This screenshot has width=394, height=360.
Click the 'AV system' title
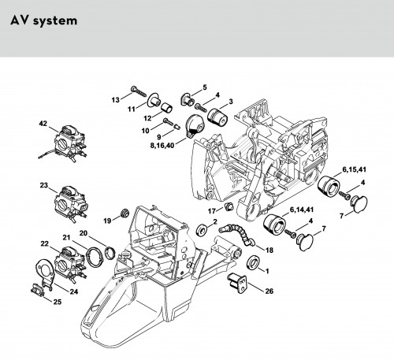pos(44,20)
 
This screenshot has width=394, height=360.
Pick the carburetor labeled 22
pos(71,264)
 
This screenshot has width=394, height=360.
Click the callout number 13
pos(115,100)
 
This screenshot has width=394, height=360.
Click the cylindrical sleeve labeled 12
pos(166,107)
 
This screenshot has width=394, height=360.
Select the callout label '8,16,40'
pos(162,145)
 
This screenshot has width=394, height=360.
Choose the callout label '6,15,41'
pos(354,169)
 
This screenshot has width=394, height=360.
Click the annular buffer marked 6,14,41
pos(274,225)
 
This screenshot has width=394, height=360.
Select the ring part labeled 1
pos(253,262)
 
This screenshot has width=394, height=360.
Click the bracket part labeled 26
pos(238,282)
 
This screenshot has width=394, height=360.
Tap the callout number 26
pos(269,291)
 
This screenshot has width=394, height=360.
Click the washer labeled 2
pos(202,230)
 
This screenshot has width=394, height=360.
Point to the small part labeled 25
pos(37,291)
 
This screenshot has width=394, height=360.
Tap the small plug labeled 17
pos(229,206)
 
